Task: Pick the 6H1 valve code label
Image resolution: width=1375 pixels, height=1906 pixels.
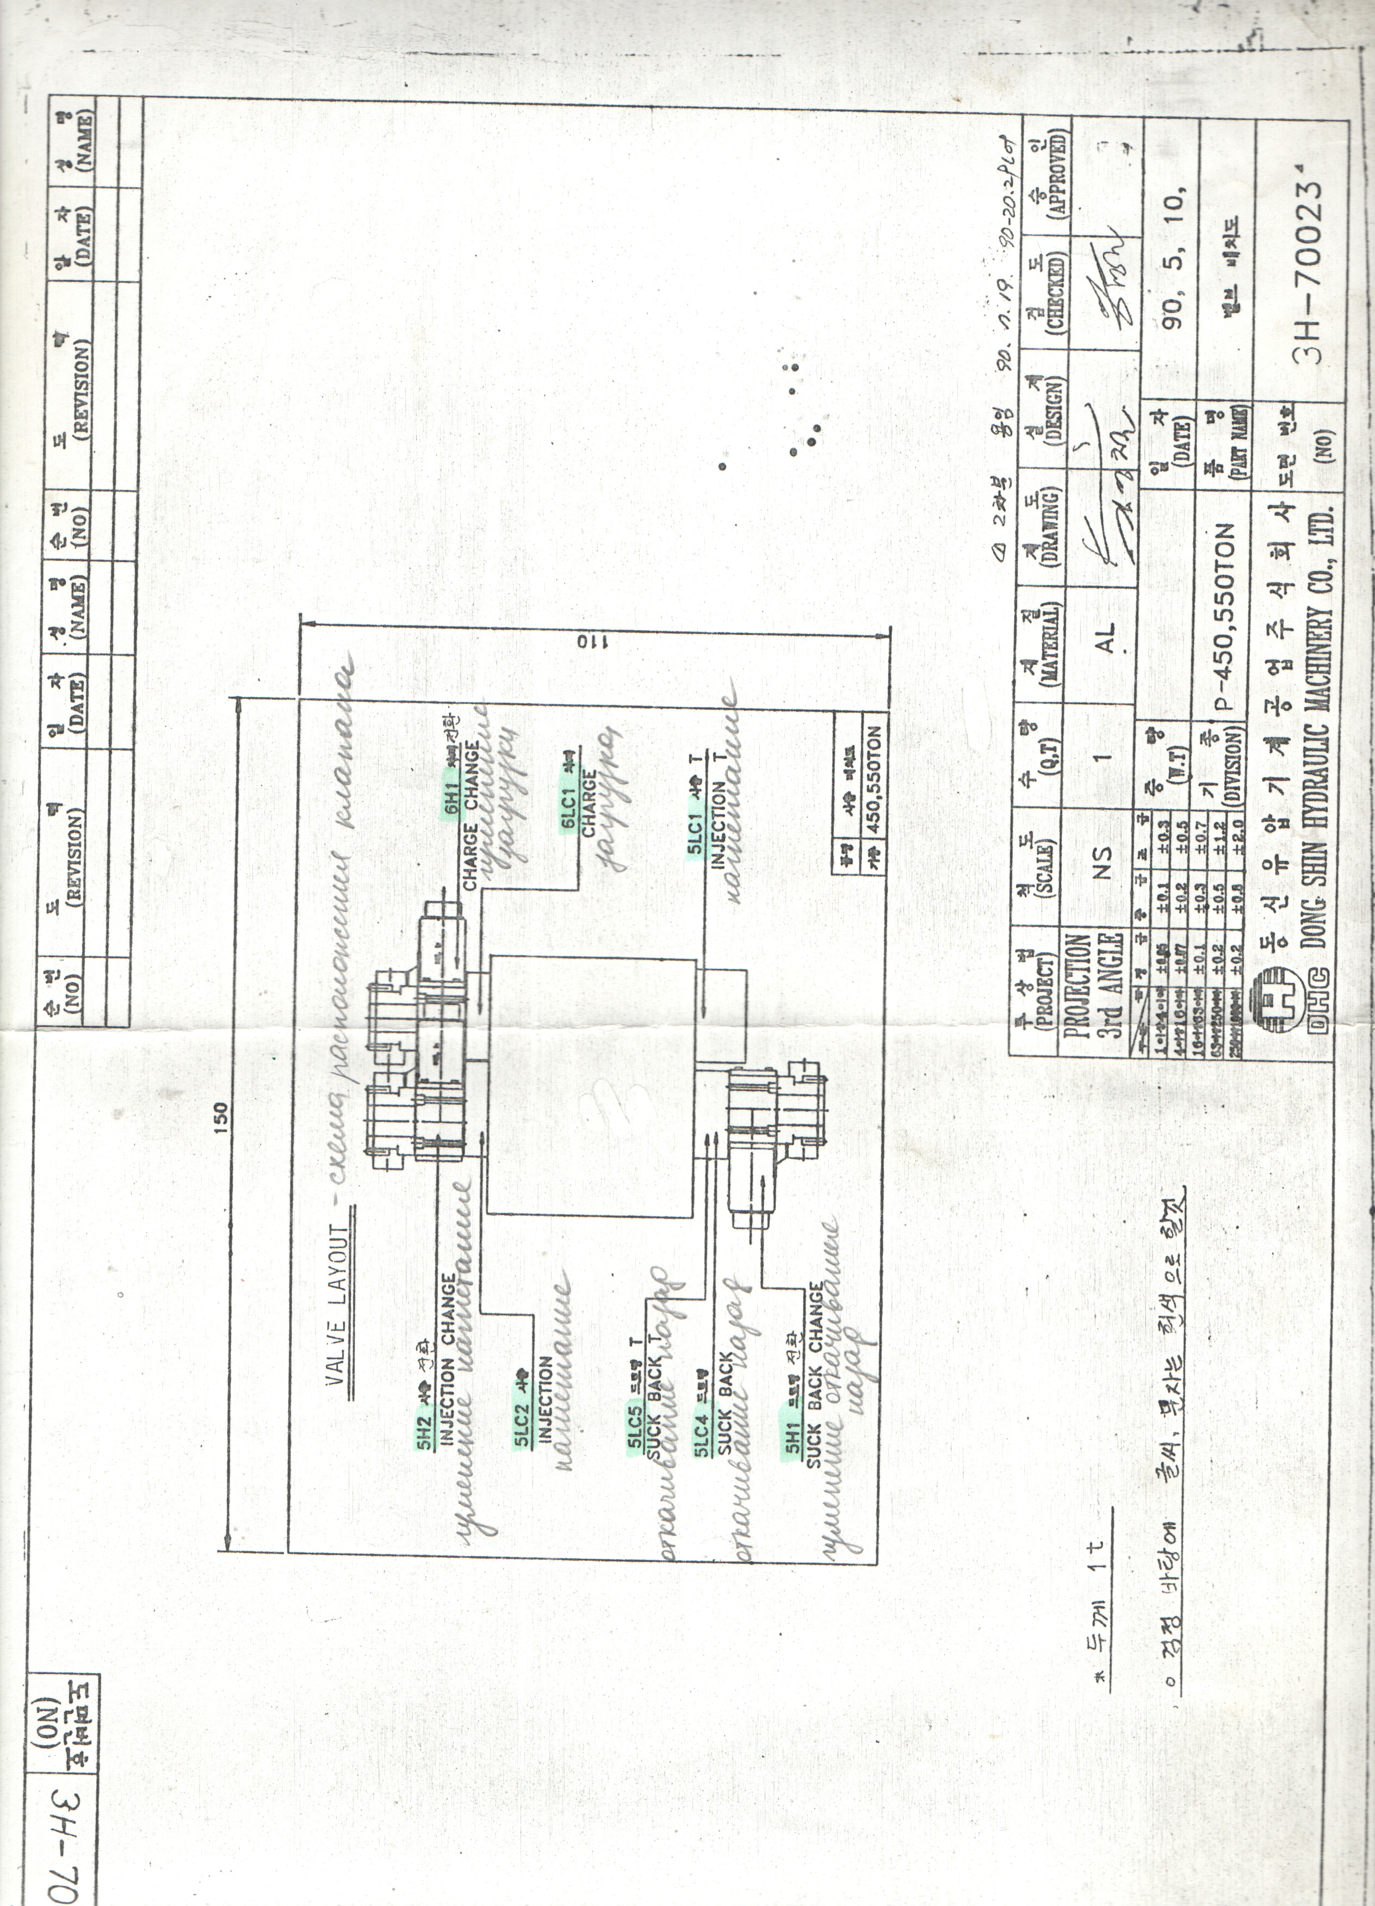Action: (453, 797)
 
